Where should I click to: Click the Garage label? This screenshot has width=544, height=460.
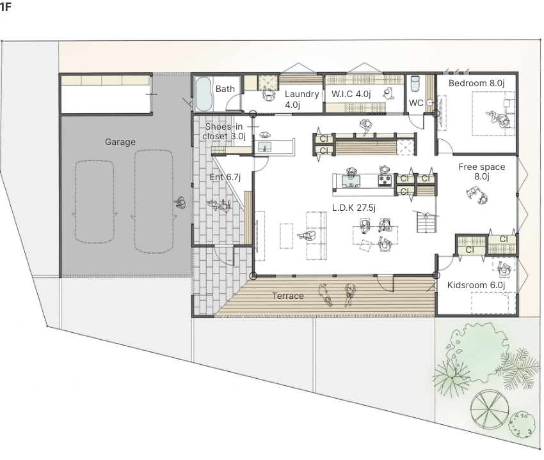pos(120,142)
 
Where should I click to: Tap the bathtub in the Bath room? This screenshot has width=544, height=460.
pos(204,93)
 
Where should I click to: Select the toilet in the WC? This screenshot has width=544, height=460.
pos(415,84)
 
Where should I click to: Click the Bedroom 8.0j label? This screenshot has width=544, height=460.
pos(476,83)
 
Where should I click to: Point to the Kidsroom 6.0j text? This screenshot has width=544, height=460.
pos(476,285)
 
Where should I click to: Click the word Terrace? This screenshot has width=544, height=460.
pos(288,296)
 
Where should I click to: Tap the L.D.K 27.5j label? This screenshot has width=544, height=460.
pos(353,208)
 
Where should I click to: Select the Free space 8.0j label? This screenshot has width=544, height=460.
pos(481,171)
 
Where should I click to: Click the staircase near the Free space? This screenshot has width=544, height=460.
pos(426,222)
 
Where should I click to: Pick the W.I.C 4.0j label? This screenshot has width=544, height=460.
pos(351,94)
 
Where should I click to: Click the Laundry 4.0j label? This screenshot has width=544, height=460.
pos(301,99)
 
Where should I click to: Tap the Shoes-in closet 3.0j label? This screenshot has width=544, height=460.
pos(224,131)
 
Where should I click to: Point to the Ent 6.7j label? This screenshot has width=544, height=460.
pos(225,178)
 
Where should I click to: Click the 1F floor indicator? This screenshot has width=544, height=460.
pos(5,6)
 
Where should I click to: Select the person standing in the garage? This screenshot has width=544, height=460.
pos(180,203)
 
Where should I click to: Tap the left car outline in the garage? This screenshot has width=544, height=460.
pos(94,202)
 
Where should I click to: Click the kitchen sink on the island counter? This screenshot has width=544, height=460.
pos(351,180)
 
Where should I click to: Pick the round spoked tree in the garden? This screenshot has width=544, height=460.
pos(490,408)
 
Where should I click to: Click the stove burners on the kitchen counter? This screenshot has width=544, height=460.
pos(385,180)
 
